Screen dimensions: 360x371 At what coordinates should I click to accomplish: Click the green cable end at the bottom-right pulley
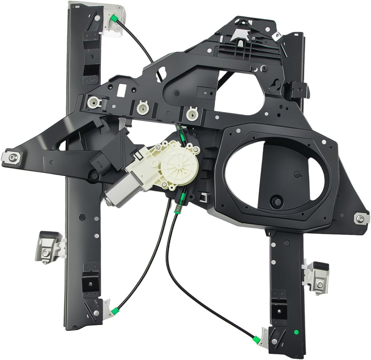pyautogui.click(x=257, y=339)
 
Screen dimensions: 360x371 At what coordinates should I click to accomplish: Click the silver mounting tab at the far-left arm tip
pyautogui.click(x=12, y=157)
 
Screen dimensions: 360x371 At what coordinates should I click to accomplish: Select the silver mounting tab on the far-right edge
pyautogui.click(x=361, y=219)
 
